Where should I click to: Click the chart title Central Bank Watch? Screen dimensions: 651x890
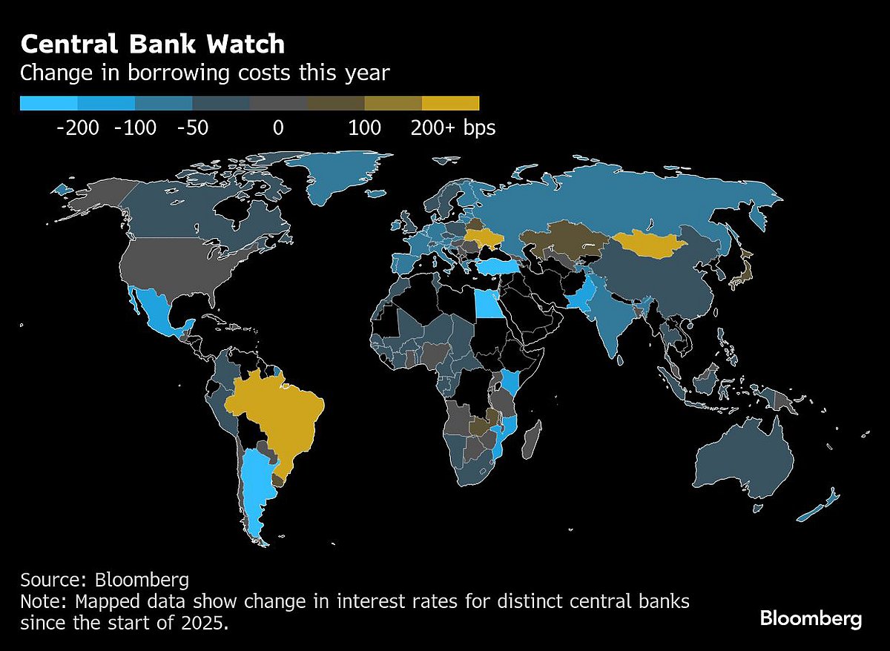(x=152, y=44)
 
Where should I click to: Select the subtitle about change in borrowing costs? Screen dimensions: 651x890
(x=204, y=73)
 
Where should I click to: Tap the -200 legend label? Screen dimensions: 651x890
(x=77, y=128)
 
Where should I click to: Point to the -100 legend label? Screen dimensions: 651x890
(x=135, y=128)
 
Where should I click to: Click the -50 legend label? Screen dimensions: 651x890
(x=193, y=128)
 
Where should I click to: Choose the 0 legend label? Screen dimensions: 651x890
(x=278, y=128)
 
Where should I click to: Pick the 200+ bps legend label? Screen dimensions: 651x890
(x=452, y=128)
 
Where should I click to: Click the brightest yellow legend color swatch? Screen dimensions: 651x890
(x=450, y=103)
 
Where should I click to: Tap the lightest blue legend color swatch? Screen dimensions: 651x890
(x=48, y=103)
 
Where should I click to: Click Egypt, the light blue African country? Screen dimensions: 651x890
(x=487, y=303)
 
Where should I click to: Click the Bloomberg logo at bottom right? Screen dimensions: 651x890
(x=811, y=618)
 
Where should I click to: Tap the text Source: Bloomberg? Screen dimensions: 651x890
(x=105, y=579)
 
